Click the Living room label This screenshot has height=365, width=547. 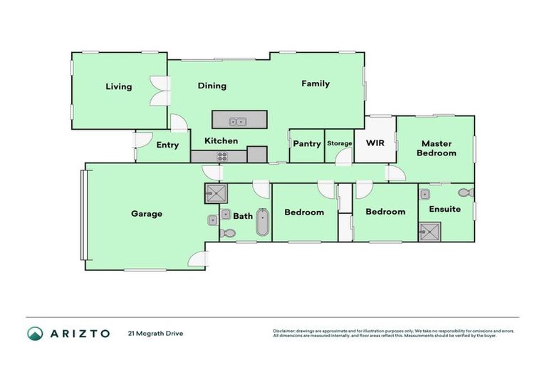click(x=119, y=87)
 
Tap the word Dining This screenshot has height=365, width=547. click(x=212, y=86)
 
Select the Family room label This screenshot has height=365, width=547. click(x=315, y=83)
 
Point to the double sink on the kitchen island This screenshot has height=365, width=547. click(x=239, y=121)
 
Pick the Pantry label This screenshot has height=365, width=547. click(x=307, y=143)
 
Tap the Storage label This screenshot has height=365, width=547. click(x=340, y=143)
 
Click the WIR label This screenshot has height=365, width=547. click(x=375, y=143)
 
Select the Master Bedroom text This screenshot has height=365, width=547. click(x=436, y=148)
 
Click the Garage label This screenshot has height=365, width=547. click(x=146, y=213)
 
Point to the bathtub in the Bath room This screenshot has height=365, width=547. click(x=262, y=223)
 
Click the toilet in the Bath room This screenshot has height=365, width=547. click(x=228, y=232)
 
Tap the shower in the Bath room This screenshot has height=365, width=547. click(x=216, y=193)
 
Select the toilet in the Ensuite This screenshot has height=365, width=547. click(x=466, y=193)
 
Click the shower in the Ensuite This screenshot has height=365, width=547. click(x=429, y=232)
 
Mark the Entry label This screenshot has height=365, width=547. click(x=167, y=145)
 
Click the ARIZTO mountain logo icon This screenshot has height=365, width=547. click(x=35, y=333)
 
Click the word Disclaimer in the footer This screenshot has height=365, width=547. click(x=286, y=331)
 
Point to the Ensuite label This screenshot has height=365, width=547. click(x=444, y=210)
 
